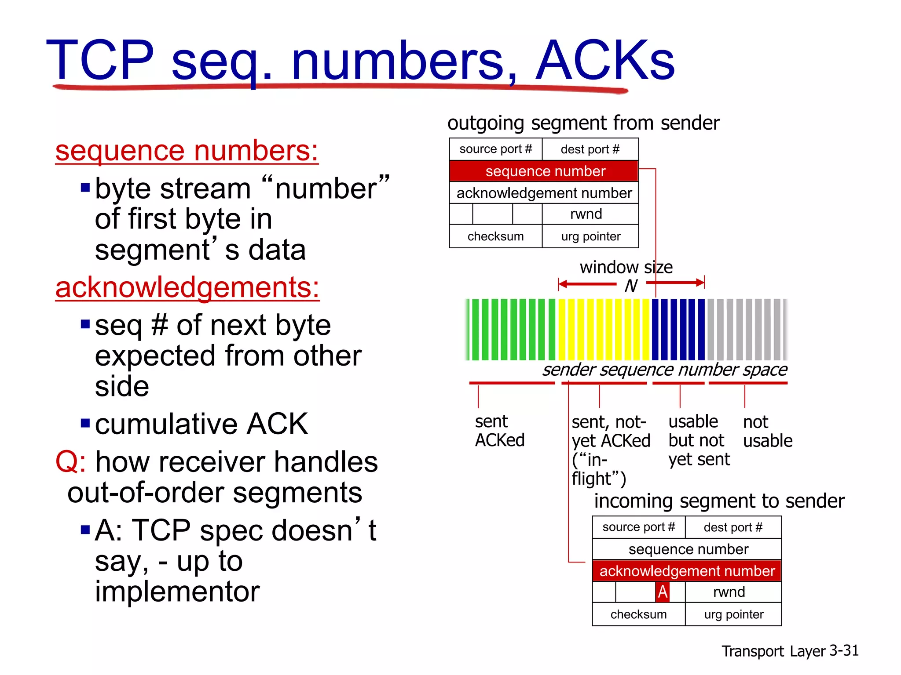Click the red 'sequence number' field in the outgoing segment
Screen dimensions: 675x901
(544, 171)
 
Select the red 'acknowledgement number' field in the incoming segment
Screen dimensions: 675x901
(687, 571)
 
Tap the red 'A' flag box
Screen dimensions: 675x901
(663, 592)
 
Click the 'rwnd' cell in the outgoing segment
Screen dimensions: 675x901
(586, 214)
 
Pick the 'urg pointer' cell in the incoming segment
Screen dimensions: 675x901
(733, 614)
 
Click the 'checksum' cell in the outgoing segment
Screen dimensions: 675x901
(495, 236)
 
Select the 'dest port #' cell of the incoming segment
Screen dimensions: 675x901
(733, 527)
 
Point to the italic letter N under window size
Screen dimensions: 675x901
(631, 286)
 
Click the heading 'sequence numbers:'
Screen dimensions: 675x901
(187, 151)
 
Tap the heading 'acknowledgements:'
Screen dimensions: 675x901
(187, 287)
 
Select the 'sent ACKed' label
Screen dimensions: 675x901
(499, 431)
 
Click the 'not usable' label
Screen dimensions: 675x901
(767, 431)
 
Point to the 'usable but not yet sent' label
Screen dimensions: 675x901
(698, 440)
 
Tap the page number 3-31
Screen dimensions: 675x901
(844, 650)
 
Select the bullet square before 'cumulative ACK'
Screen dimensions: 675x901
(85, 424)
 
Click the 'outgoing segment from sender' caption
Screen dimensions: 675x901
(583, 123)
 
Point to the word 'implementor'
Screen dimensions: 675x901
(177, 592)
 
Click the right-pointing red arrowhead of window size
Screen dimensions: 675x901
(700, 283)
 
